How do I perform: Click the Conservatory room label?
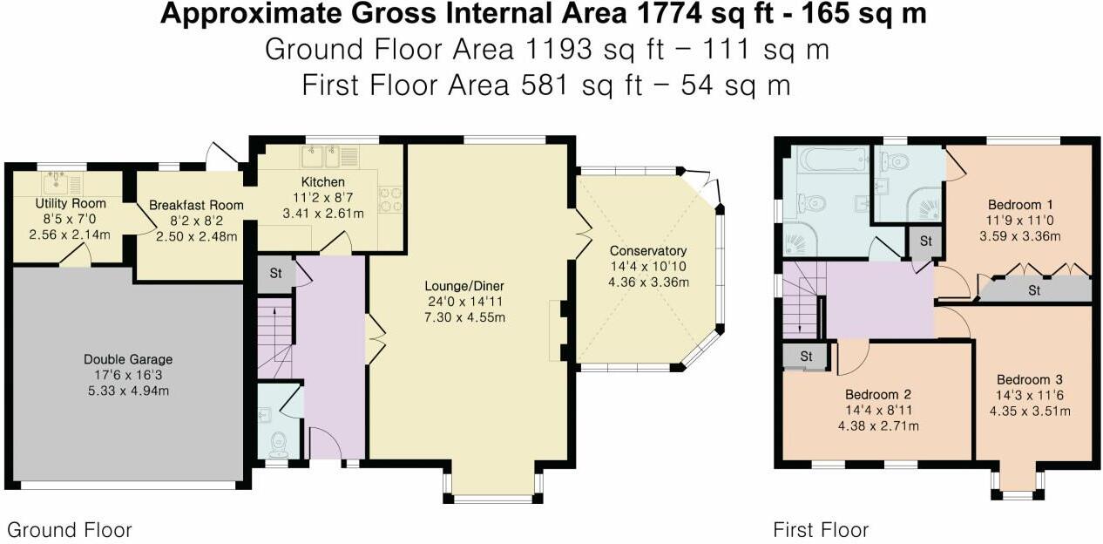[x=648, y=251]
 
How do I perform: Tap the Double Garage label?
[x=128, y=359]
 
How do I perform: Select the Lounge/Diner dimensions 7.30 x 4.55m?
[x=464, y=317]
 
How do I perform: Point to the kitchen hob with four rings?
[x=388, y=201]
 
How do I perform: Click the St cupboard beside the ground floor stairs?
[x=274, y=272]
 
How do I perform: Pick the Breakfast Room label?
[x=196, y=205]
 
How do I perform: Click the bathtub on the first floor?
[x=834, y=160]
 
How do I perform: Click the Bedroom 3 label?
[x=1030, y=379]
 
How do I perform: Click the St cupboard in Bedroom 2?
[x=806, y=357]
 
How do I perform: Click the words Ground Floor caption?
[x=70, y=529]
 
